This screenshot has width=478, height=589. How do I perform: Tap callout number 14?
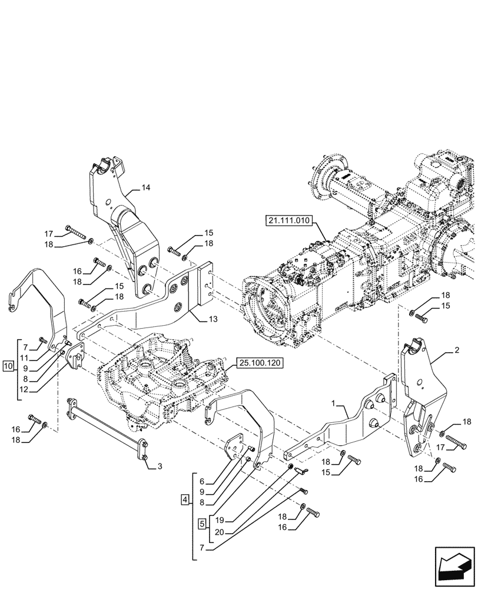point(145,188)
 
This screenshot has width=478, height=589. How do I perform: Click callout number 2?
point(456,350)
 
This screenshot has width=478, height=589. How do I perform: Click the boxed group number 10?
point(8,366)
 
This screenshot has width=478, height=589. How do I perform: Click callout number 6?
point(202,481)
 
